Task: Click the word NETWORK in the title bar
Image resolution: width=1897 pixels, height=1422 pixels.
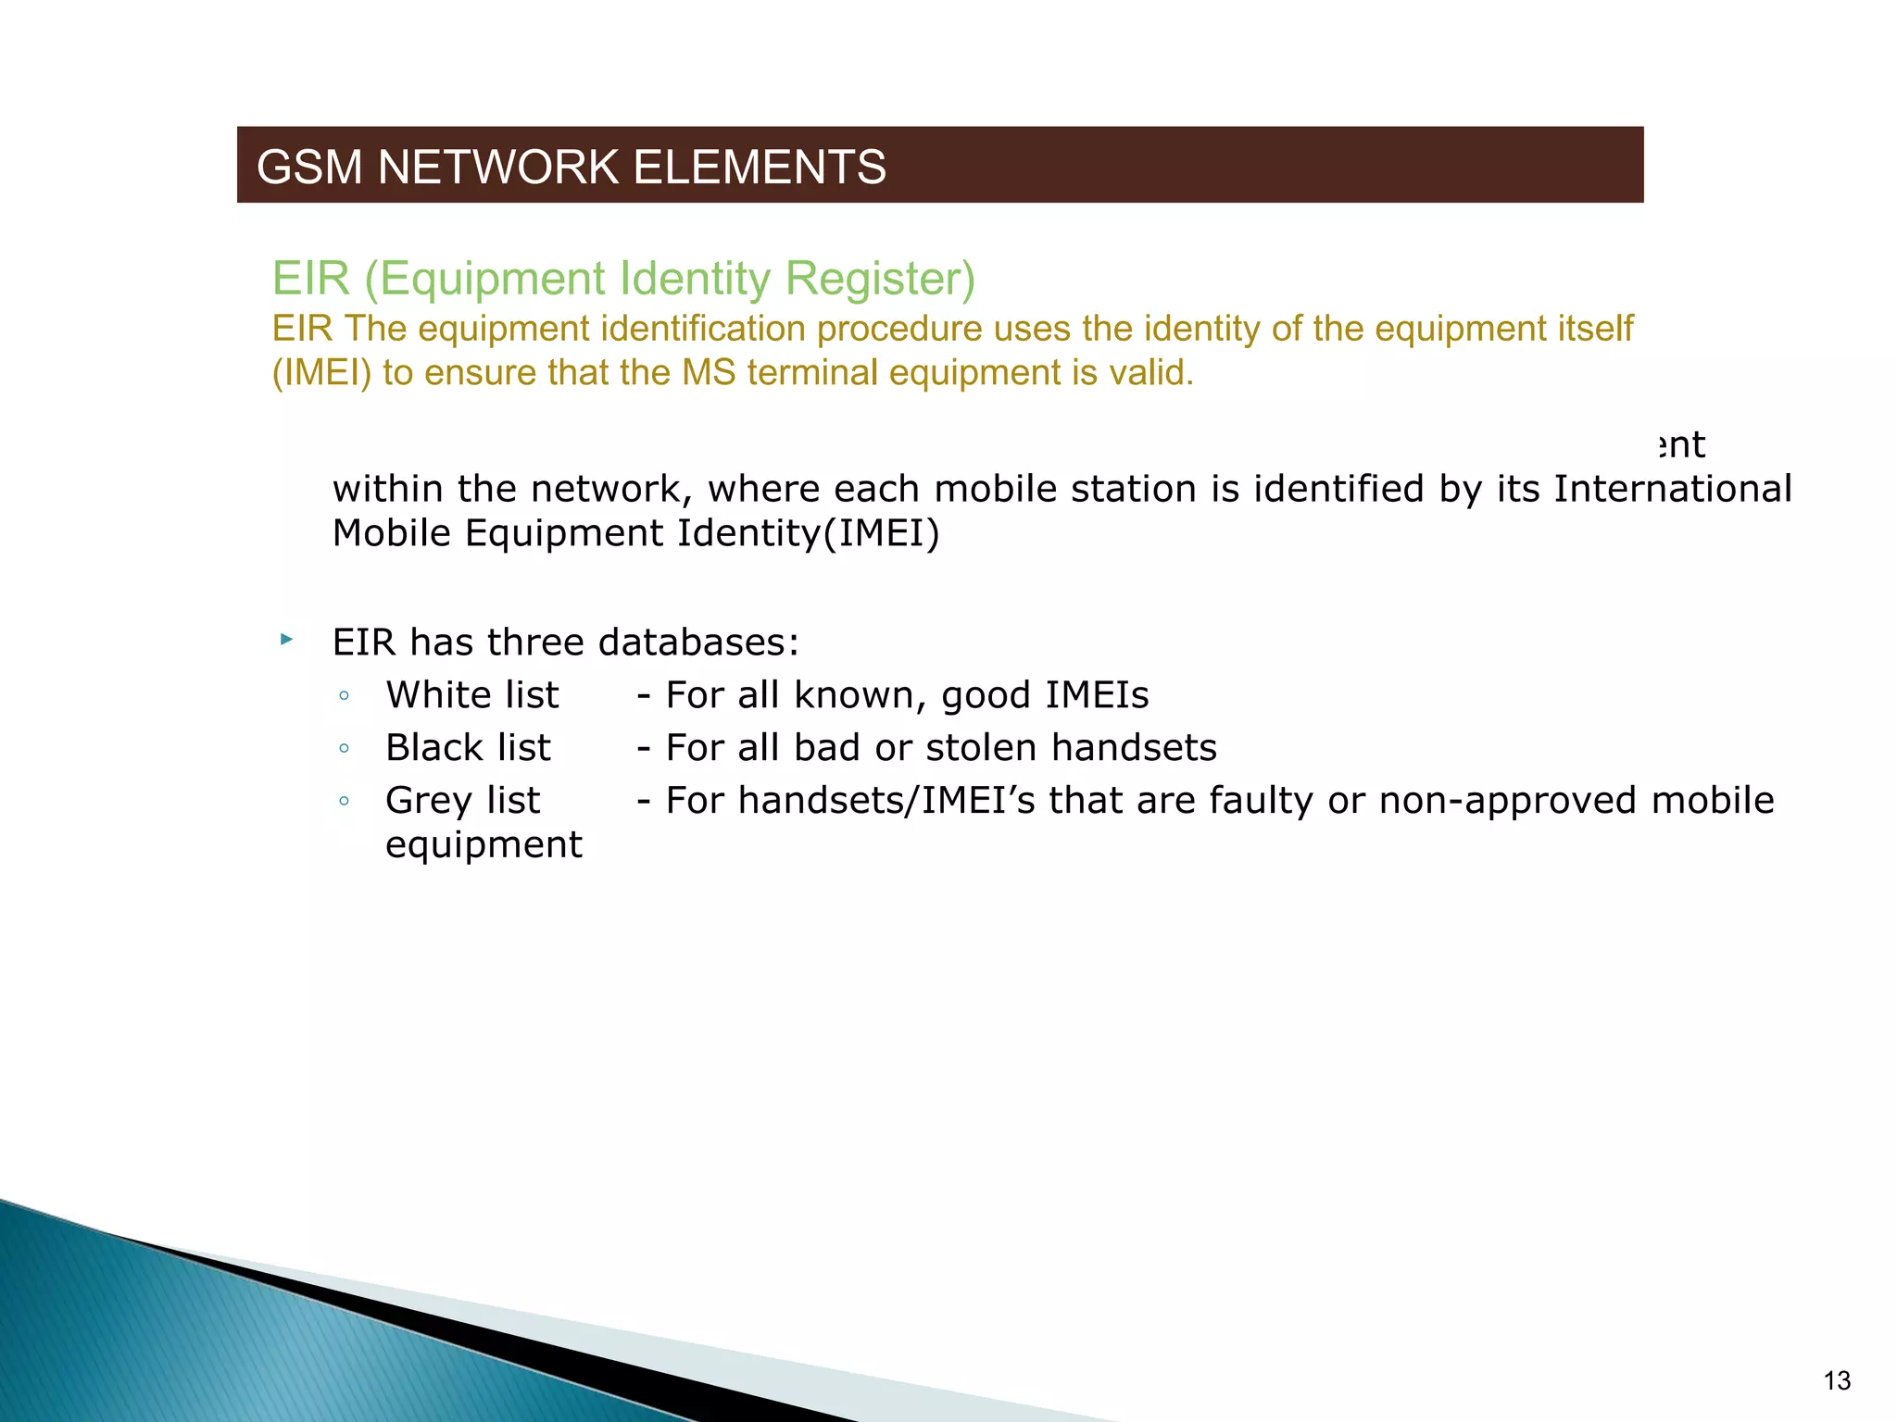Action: [x=498, y=168]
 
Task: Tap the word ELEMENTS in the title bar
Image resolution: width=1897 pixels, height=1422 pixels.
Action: [x=760, y=168]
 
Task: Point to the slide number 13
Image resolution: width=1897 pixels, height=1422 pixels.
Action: [x=1837, y=1381]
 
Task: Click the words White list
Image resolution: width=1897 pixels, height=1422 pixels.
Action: [x=472, y=695]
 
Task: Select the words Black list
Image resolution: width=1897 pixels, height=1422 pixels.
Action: [x=468, y=748]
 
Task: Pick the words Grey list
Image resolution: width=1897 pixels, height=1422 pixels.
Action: [x=462, y=801]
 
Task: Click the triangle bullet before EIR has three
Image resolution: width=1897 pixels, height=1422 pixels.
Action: [x=286, y=640]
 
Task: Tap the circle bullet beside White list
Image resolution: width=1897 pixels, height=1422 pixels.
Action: [x=344, y=696]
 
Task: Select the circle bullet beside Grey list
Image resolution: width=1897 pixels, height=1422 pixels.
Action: [x=344, y=802]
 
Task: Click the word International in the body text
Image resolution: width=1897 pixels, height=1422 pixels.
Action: [x=1672, y=489]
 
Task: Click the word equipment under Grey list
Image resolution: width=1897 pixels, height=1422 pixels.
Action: [x=484, y=845]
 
